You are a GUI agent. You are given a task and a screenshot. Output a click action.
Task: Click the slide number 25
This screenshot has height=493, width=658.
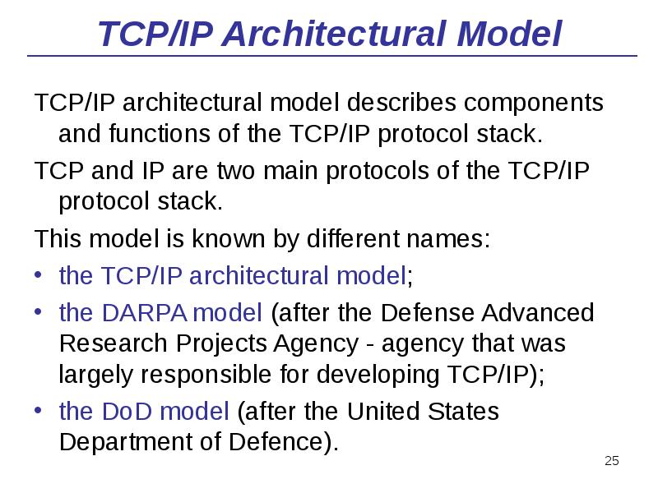[x=611, y=460]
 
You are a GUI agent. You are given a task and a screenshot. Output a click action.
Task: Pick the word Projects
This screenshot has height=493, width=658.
[x=216, y=344]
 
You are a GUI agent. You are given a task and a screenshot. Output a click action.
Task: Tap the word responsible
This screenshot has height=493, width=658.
[x=197, y=376]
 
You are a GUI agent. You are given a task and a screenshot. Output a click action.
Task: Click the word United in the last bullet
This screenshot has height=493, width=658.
[x=383, y=411]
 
